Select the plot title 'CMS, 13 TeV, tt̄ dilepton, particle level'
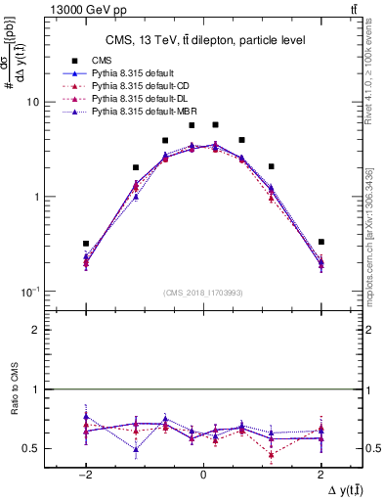pyautogui.click(x=203, y=40)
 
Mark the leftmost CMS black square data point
pyautogui.click(x=86, y=244)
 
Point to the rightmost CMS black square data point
pyautogui.click(x=320, y=242)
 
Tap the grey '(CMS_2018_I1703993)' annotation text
pyautogui.click(x=203, y=293)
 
